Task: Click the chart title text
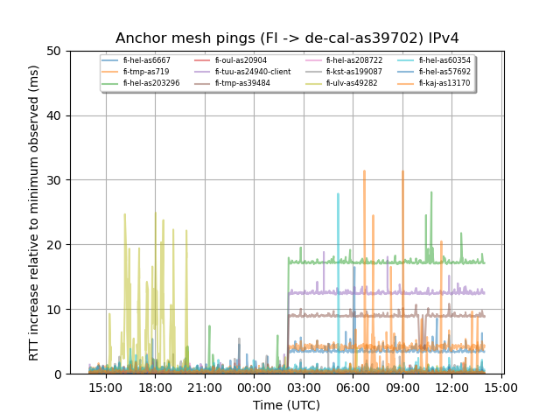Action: point(287,38)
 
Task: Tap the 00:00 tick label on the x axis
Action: point(254,387)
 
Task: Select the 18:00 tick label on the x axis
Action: point(155,387)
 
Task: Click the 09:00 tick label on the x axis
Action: point(402,387)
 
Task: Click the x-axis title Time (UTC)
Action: point(287,405)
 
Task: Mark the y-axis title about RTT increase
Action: point(34,213)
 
